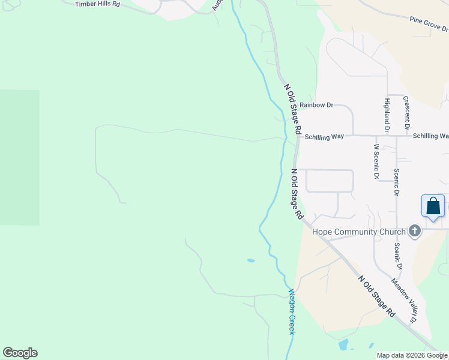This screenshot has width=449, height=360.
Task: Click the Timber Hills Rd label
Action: (97, 4)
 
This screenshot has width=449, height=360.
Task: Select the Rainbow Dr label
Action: (316, 105)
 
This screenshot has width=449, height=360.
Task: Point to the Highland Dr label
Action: (387, 115)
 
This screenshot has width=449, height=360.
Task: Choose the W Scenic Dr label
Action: (376, 161)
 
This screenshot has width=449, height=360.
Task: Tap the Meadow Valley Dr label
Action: (404, 301)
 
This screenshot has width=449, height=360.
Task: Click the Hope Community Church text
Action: (359, 232)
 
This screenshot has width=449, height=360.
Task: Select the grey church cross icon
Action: (414, 231)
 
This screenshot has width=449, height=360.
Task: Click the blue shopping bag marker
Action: (433, 206)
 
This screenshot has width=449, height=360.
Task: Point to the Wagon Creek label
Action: (292, 312)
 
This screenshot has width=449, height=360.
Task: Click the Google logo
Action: (20, 353)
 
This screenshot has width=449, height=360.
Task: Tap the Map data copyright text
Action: (412, 355)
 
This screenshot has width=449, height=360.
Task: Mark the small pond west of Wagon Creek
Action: (250, 260)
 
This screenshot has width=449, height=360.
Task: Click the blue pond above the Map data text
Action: (343, 344)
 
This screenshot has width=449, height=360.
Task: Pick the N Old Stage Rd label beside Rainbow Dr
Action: (292, 109)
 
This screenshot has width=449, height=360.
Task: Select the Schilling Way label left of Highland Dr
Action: (324, 137)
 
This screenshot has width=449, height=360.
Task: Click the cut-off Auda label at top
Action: (217, 5)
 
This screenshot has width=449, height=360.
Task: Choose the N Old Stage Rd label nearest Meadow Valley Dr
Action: (377, 296)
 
